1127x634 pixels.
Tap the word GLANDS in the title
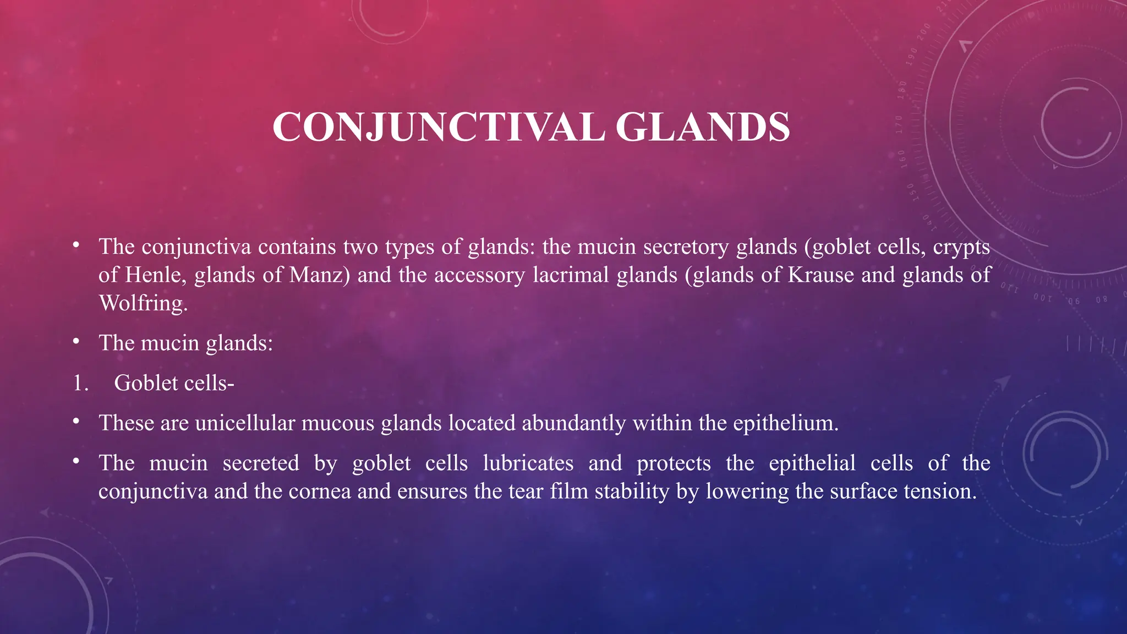point(703,127)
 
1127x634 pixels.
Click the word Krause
point(820,275)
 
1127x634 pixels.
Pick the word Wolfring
point(143,303)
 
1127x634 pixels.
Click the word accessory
point(479,275)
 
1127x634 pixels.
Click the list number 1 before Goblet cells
point(80,383)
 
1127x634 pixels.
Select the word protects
point(674,464)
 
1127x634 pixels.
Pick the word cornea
point(320,491)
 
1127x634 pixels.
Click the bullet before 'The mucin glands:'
point(76,342)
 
